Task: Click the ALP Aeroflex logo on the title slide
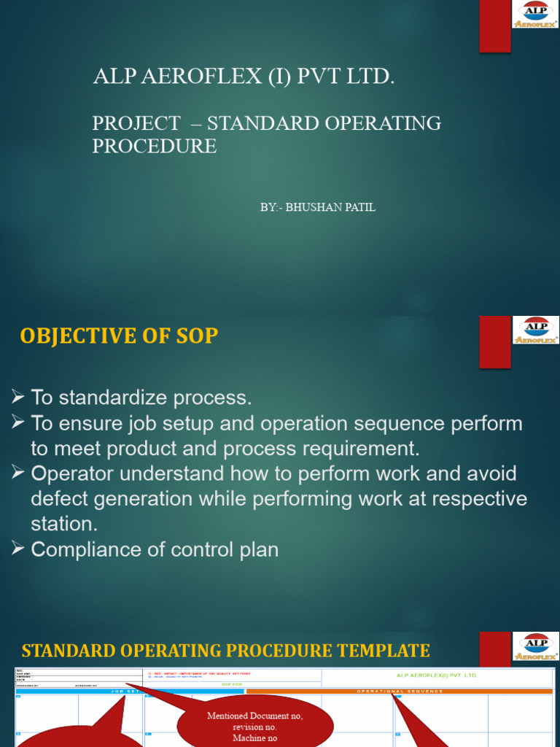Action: point(537,15)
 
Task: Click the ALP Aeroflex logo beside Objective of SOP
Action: point(537,330)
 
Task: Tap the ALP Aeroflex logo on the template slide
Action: point(537,646)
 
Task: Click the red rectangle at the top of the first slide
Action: point(494,26)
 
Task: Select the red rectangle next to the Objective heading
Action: point(494,342)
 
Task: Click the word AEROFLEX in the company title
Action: point(192,77)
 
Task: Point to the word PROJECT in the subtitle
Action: point(136,123)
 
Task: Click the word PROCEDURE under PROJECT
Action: point(154,146)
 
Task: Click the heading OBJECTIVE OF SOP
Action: point(119,336)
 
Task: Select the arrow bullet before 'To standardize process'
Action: point(18,398)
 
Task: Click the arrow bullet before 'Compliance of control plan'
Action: point(18,549)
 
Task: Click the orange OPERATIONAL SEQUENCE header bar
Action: point(400,691)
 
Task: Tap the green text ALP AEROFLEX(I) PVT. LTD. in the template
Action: point(437,676)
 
